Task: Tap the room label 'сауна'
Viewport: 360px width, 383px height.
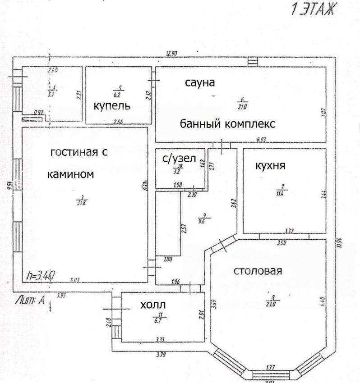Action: point(199,83)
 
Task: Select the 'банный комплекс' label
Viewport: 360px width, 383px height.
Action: point(227,123)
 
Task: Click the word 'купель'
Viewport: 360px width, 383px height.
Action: point(112,106)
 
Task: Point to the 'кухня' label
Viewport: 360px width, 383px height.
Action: point(270,165)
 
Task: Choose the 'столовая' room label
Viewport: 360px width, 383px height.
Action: point(258,271)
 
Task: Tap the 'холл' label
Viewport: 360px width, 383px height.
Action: point(153,305)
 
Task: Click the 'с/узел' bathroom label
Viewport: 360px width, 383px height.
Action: point(179,158)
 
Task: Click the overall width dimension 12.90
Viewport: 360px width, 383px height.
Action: point(171,54)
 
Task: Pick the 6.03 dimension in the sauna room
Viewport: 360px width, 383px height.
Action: point(262,140)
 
